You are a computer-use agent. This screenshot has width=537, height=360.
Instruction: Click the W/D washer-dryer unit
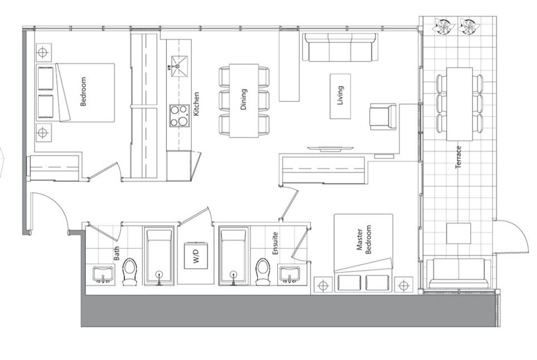tap(196, 255)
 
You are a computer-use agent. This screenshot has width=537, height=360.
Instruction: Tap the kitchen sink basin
tap(179, 66)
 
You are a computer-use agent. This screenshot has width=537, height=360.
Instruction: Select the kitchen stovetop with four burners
tap(179, 116)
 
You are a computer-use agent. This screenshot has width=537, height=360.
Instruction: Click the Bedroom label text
tap(83, 92)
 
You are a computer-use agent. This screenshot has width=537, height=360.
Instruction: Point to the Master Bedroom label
tap(364, 239)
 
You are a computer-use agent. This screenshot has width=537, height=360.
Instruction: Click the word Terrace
tap(458, 157)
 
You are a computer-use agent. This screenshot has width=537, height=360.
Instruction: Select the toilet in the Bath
tap(130, 271)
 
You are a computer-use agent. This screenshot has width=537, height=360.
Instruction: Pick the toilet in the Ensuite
tap(263, 271)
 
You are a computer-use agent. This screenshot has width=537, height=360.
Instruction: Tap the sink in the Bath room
tap(103, 275)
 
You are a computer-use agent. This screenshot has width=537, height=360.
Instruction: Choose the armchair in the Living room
tap(383, 117)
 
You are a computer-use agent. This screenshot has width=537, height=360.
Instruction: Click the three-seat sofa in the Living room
tap(340, 47)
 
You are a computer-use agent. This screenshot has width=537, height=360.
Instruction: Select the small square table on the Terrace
tap(458, 233)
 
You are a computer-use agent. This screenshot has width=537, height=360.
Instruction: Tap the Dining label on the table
tap(243, 99)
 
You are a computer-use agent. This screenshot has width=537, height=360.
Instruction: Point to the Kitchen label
tap(196, 104)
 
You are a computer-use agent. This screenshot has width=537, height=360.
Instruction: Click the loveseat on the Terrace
tap(459, 273)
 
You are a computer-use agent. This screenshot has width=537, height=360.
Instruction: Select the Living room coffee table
tap(340, 96)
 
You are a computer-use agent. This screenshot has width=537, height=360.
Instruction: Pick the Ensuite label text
tap(275, 243)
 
